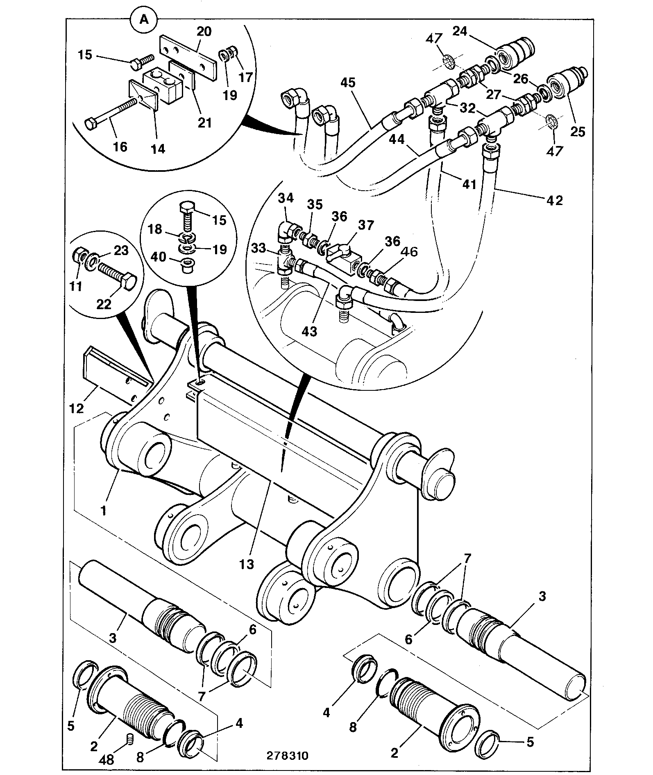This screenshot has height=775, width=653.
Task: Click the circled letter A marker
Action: point(144,19)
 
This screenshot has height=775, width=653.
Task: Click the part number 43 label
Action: point(309,331)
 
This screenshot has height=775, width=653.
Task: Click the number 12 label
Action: point(77,408)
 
